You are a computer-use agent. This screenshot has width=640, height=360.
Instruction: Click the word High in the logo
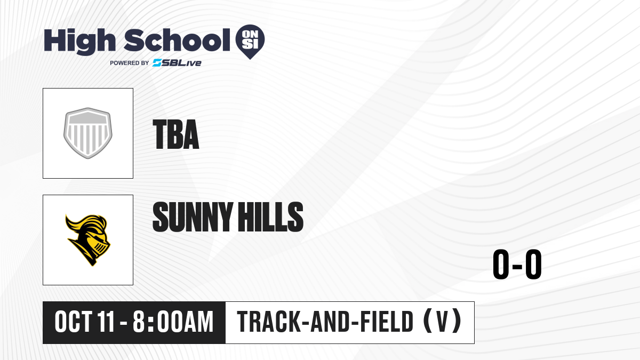pos(79,42)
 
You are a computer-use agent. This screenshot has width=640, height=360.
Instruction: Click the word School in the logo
pos(177,40)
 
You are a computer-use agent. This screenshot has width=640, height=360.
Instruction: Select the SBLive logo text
pos(177,63)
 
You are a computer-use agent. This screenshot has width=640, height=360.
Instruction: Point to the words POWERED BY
pos(130,63)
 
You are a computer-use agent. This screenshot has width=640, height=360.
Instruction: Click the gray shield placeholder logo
pos(88,133)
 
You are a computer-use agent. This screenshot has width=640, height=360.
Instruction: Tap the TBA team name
pos(175,134)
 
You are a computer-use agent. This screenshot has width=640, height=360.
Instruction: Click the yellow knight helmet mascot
pos(88,240)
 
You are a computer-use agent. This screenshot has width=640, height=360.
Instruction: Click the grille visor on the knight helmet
pos(101,248)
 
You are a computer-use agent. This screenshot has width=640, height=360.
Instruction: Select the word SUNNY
pos(193,217)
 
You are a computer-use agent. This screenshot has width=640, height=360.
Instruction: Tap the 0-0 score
pos(517,264)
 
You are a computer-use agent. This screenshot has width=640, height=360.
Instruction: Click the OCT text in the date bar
pos(74,322)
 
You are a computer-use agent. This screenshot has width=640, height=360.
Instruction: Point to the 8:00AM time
pos(173,322)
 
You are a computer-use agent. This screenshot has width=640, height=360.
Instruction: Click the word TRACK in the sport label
pos(269,322)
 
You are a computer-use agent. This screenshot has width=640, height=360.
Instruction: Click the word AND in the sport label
pos(330,322)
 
